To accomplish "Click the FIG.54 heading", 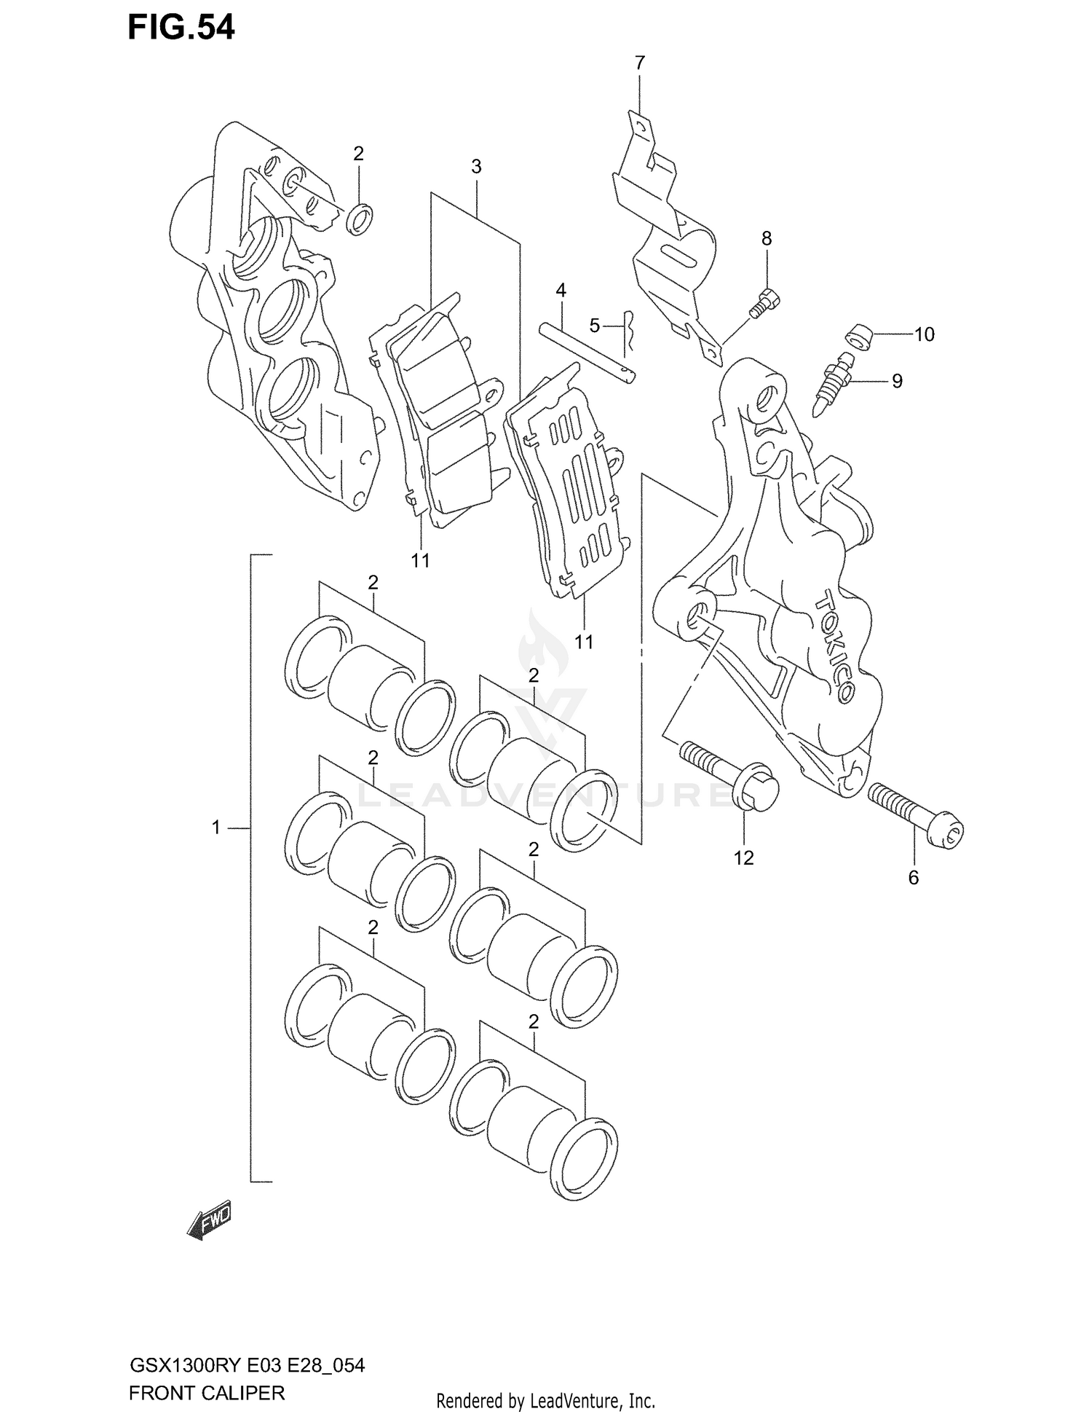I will (x=181, y=28).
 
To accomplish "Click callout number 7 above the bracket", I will (x=639, y=63).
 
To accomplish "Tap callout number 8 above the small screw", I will (x=767, y=238).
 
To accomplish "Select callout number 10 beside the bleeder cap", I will (x=924, y=334).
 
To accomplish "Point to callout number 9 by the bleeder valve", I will (x=897, y=381).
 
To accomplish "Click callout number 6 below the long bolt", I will (x=914, y=878).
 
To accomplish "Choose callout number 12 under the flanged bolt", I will (x=743, y=858).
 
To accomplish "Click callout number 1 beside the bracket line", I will (x=216, y=828).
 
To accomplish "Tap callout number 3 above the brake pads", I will (x=476, y=167).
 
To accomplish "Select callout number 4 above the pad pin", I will (x=561, y=291).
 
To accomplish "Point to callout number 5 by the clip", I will (x=595, y=326).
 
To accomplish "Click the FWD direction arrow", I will (x=209, y=1222).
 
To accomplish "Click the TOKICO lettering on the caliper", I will (x=835, y=645).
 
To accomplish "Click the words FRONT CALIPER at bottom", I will (x=206, y=1394).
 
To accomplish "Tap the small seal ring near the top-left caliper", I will (x=360, y=219).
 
